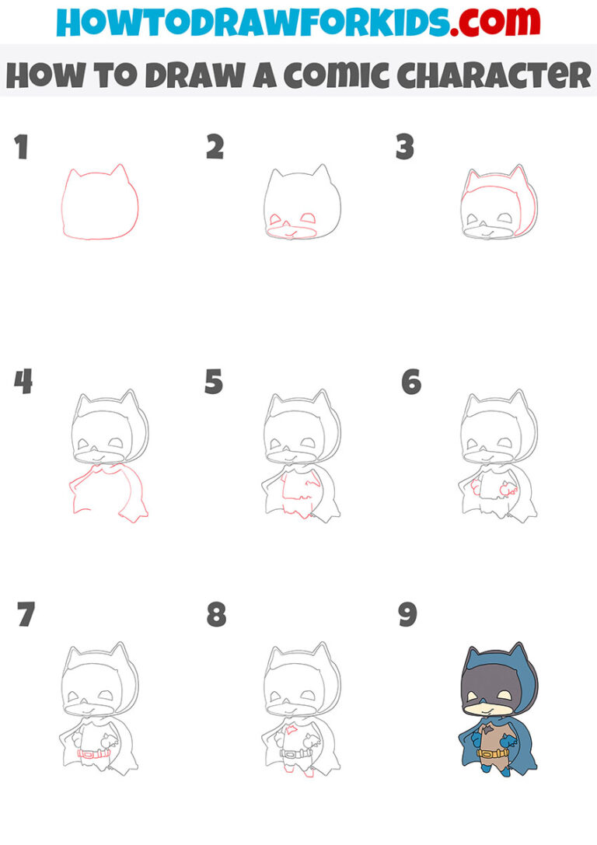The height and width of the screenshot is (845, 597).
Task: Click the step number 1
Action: click(21, 147)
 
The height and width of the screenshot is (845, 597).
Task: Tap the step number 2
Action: click(215, 147)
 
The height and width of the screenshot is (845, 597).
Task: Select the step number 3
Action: click(404, 147)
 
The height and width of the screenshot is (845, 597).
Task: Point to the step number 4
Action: click(23, 382)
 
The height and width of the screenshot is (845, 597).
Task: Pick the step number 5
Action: click(214, 382)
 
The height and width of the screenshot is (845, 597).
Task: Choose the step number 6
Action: click(410, 382)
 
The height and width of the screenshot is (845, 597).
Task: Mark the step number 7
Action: click(26, 615)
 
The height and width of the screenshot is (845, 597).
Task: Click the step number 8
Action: click(216, 615)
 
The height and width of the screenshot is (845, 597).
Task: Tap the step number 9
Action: click(407, 615)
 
